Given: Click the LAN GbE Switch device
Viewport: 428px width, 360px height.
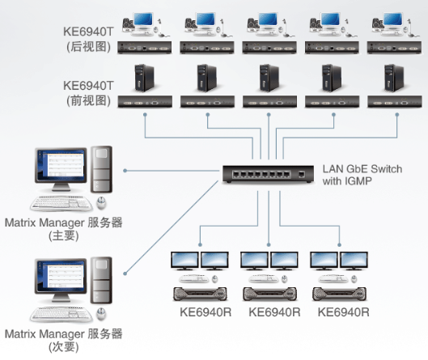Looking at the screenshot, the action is click(x=268, y=174).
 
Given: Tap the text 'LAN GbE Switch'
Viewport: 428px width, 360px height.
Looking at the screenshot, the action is click(x=362, y=169).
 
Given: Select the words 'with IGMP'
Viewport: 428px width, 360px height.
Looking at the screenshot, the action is click(x=347, y=181).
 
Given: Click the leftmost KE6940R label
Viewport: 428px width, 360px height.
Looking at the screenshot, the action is click(x=206, y=312).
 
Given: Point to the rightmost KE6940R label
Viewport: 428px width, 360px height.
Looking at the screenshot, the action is click(x=343, y=312).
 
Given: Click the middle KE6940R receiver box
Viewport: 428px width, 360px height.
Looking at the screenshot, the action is click(x=269, y=294).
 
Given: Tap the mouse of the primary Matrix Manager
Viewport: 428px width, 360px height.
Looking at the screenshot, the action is click(x=101, y=203).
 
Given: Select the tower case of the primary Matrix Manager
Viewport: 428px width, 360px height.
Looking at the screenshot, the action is click(x=101, y=170).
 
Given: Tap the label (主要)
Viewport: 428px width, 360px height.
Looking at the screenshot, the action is click(x=64, y=235).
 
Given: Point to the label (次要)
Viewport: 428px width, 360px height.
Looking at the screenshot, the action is click(x=64, y=347).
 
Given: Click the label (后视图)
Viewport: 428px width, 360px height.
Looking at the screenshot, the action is click(x=88, y=47).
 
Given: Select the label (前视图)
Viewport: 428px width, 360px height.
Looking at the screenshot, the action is click(x=88, y=100).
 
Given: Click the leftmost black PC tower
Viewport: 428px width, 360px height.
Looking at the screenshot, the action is click(x=144, y=78).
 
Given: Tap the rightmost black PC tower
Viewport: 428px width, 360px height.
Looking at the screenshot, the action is click(x=394, y=78).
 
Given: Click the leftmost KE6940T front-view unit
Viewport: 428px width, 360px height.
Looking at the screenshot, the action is click(x=145, y=102).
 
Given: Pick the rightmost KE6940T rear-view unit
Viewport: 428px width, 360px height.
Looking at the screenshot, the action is click(x=394, y=48).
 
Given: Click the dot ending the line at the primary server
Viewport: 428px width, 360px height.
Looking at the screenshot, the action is click(x=125, y=171).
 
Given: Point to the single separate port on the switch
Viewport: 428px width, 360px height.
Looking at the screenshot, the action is click(x=301, y=174).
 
